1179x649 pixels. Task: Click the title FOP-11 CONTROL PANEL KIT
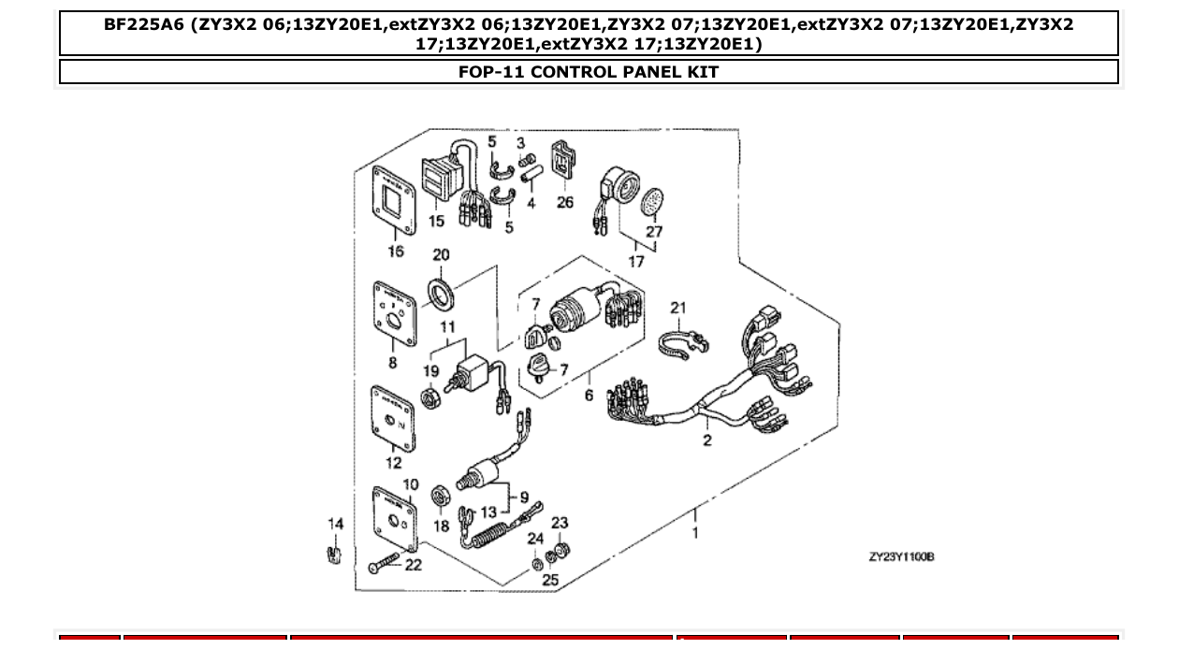(x=589, y=72)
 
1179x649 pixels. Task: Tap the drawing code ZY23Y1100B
(x=901, y=557)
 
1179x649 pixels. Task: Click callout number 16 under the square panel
(x=396, y=251)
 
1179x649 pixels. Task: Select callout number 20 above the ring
(x=441, y=255)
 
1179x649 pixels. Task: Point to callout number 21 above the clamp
(x=678, y=308)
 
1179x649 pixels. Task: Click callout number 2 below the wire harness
(x=707, y=440)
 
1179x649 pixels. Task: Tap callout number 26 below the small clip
(x=565, y=202)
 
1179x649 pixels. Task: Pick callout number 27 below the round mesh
(x=654, y=231)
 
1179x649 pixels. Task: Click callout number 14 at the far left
(x=335, y=524)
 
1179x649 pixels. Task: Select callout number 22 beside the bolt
(x=413, y=565)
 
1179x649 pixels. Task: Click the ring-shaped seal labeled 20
(x=440, y=293)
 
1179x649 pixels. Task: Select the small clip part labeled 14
(x=333, y=555)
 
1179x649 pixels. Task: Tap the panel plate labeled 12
(x=394, y=418)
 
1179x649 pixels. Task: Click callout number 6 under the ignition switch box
(x=589, y=396)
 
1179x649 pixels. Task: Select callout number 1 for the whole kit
(x=694, y=533)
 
